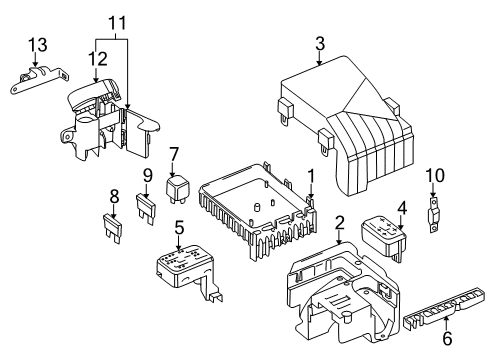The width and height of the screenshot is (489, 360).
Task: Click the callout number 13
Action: tap(37, 45)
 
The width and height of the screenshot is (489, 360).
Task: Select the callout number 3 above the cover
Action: tap(320, 44)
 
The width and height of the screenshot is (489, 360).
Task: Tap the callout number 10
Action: tap(435, 175)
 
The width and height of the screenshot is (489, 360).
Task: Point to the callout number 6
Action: tap(447, 338)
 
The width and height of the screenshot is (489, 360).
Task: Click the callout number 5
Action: tap(179, 228)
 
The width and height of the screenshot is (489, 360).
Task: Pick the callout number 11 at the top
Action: tap(118, 23)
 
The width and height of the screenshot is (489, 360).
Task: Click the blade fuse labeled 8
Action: tap(112, 228)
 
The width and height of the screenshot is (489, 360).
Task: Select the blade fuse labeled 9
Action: tap(146, 209)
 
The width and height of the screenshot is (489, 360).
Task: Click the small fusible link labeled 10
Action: tap(433, 215)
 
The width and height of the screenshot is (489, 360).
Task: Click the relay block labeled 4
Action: tap(384, 238)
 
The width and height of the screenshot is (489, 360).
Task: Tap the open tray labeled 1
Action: tap(258, 208)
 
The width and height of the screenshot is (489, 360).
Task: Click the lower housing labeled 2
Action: tap(343, 293)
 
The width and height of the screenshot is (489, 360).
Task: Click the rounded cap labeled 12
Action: tap(93, 93)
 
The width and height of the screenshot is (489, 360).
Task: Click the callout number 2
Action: tap(339, 223)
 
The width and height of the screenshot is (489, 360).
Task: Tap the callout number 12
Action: tap(98, 58)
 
